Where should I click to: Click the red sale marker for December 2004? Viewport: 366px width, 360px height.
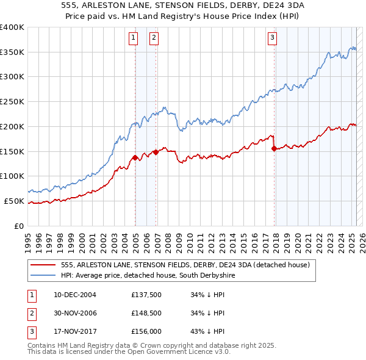pyautogui.click(x=135, y=157)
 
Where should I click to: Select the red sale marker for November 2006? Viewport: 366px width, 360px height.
pyautogui.click(x=156, y=152)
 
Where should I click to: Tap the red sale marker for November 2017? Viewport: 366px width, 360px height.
pyautogui.click(x=274, y=148)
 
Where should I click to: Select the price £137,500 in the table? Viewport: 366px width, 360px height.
pyautogui.click(x=146, y=295)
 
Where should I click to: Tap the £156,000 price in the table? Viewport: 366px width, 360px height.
pyautogui.click(x=146, y=331)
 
